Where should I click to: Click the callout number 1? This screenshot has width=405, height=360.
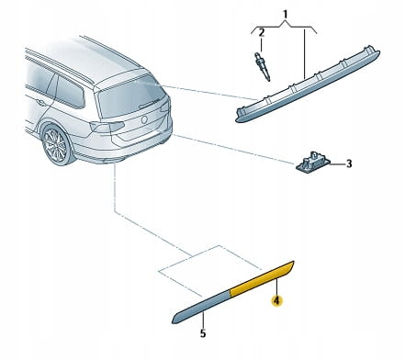[x=285, y=14]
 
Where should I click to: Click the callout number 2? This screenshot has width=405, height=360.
[x=261, y=33]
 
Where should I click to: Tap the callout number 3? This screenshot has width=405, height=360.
[x=349, y=164]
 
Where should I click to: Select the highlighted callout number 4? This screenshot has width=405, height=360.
[x=276, y=300]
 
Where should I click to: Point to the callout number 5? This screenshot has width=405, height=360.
[x=203, y=333]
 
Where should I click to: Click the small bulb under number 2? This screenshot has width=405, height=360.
[x=262, y=67]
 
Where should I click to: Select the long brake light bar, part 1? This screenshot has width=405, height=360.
[x=308, y=84]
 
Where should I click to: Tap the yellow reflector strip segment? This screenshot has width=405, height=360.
[x=262, y=278]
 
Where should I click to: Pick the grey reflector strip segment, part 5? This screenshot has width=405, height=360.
[x=201, y=307]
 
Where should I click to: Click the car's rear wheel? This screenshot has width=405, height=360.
[x=57, y=145]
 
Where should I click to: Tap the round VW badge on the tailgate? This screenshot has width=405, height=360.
[x=144, y=119]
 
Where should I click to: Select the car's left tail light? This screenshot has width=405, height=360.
[x=107, y=127]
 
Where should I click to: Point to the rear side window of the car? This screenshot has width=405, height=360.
[x=71, y=92]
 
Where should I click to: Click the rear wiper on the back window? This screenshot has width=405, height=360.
[x=151, y=105]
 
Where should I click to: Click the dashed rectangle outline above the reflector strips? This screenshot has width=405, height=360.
[x=210, y=271]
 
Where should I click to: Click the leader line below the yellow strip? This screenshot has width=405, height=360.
[x=276, y=287]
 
